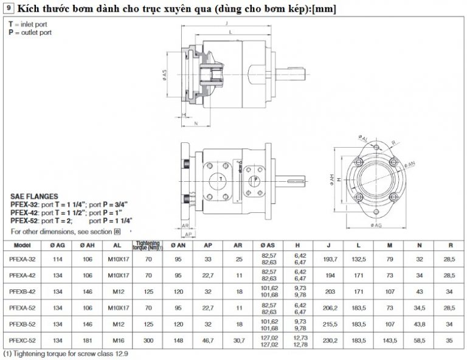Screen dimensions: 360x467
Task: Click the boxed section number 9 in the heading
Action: [9, 9]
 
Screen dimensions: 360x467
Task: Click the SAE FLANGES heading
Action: [35, 196]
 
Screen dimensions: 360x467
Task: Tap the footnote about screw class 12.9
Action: [66, 353]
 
